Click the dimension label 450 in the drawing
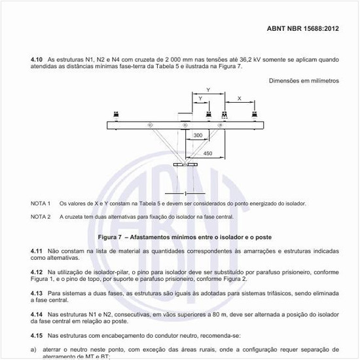207,153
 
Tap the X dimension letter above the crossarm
238,98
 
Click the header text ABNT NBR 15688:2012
303,29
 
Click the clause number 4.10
37,60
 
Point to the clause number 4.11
37,251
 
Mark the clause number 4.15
37,334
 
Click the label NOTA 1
41,204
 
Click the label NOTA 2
41,216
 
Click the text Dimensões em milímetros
304,81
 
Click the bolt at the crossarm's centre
185,125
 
